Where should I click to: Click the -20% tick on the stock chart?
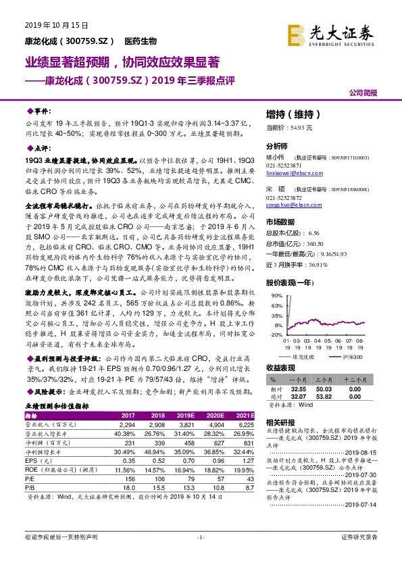[x=276, y=335]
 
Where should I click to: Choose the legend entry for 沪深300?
[x=349, y=357]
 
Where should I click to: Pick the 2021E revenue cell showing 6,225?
[x=245, y=424]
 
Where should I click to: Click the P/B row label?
[x=30, y=487]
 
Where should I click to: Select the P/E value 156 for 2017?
[x=128, y=477]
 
